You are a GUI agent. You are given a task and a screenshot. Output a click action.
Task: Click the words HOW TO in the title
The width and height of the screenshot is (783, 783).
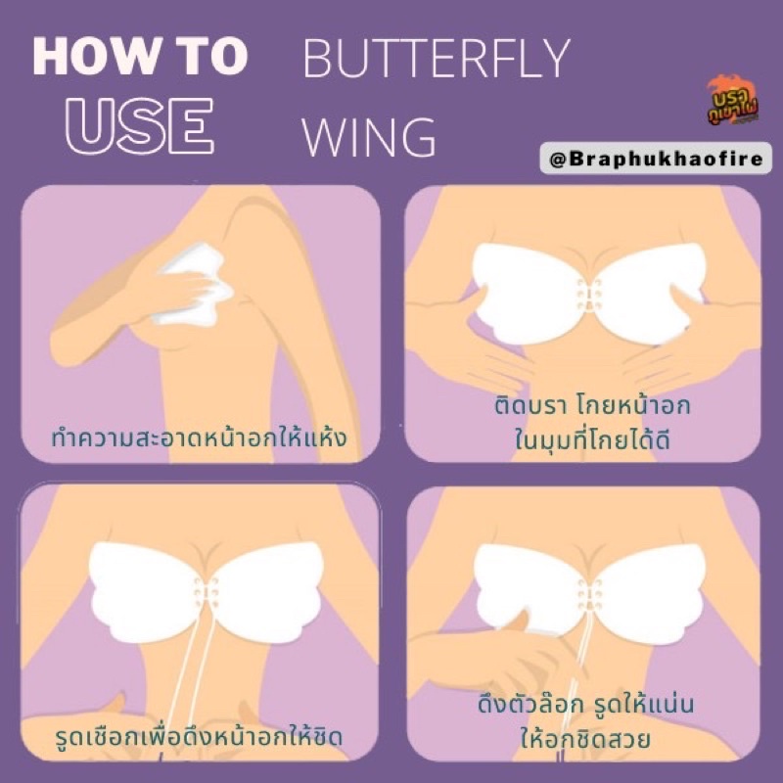click(x=140, y=57)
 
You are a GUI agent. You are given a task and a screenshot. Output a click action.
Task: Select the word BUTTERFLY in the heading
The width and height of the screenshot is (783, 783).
click(x=436, y=59)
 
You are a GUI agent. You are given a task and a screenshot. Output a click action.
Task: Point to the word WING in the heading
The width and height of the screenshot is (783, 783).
click(x=369, y=137)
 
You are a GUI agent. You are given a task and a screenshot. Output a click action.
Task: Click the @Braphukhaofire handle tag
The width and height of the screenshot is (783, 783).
click(x=656, y=159)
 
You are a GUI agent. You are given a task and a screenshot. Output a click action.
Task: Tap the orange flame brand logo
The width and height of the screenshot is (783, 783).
click(x=732, y=101)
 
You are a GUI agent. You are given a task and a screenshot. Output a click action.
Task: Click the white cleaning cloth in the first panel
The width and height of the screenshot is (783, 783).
click(x=193, y=284)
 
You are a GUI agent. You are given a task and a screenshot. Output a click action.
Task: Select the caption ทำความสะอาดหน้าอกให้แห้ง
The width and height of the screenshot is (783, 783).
click(x=200, y=438)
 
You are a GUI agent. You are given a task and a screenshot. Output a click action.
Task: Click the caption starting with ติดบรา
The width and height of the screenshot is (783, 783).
click(x=592, y=422)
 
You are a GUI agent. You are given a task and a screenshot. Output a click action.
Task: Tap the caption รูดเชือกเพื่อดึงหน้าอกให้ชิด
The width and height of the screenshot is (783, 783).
click(x=200, y=736)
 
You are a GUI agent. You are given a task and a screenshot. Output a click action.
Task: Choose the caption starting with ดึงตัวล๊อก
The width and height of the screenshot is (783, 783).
click(x=585, y=721)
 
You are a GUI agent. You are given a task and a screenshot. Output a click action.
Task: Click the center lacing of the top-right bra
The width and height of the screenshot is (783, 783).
click(x=589, y=296)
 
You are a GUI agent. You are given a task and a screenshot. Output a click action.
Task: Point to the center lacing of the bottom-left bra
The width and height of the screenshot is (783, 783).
click(x=206, y=593)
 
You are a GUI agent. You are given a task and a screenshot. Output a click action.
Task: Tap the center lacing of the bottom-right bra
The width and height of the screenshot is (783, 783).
click(x=590, y=594)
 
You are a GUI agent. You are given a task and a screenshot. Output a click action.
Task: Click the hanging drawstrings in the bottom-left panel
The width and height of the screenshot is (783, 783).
click(x=195, y=669)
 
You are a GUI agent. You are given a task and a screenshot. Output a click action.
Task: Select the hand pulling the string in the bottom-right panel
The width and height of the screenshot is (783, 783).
click(x=504, y=654)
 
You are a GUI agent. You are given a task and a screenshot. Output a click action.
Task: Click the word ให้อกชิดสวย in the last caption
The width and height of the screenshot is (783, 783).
click(x=585, y=738)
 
